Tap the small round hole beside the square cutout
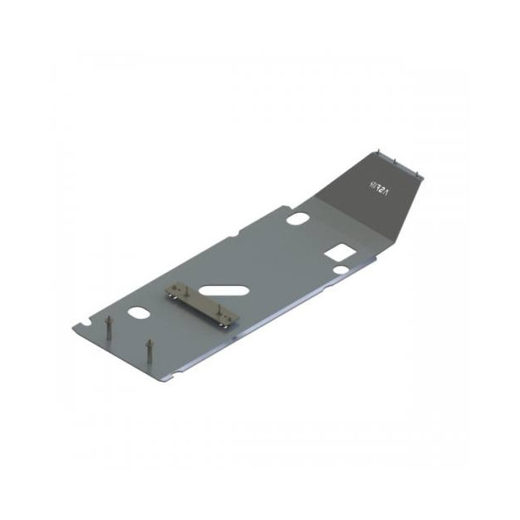coord(341,270)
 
